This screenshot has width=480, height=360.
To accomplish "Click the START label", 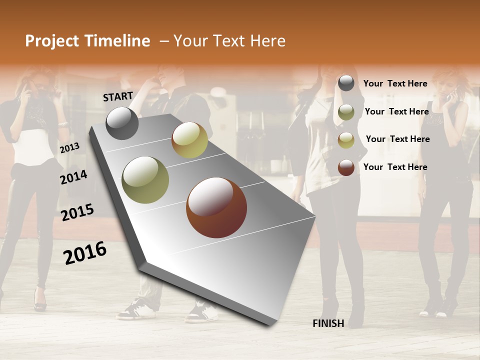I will coord(118,96).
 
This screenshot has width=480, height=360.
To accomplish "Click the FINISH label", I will coord(328,323).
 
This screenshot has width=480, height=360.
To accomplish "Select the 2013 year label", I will coord(69,148).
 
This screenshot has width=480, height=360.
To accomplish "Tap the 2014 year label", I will coord(73,177).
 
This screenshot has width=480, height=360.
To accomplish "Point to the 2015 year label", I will coord(77,212).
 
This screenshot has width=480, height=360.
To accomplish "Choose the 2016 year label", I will coord(85,253).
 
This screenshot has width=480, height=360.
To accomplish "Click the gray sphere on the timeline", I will coord(122,123).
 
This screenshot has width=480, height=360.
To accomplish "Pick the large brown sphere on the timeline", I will coord(216,207).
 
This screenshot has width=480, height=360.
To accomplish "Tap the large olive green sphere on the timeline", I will coord(145,180).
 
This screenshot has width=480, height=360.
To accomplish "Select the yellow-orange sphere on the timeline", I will coord(189,140).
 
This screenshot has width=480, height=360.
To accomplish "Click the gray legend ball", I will coord(346,83).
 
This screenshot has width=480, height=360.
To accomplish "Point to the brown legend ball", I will coord(346,167).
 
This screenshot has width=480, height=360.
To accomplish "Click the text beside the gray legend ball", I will coord(395,83).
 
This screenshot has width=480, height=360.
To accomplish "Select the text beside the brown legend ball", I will coord(395,167).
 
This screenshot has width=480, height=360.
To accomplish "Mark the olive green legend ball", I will coord(346,112).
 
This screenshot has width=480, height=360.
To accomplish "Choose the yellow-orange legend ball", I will coord(346,140).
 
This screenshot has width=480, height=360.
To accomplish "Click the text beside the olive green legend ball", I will coord(396,111).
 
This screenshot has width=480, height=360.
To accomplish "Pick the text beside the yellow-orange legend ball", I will coord(397,139).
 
